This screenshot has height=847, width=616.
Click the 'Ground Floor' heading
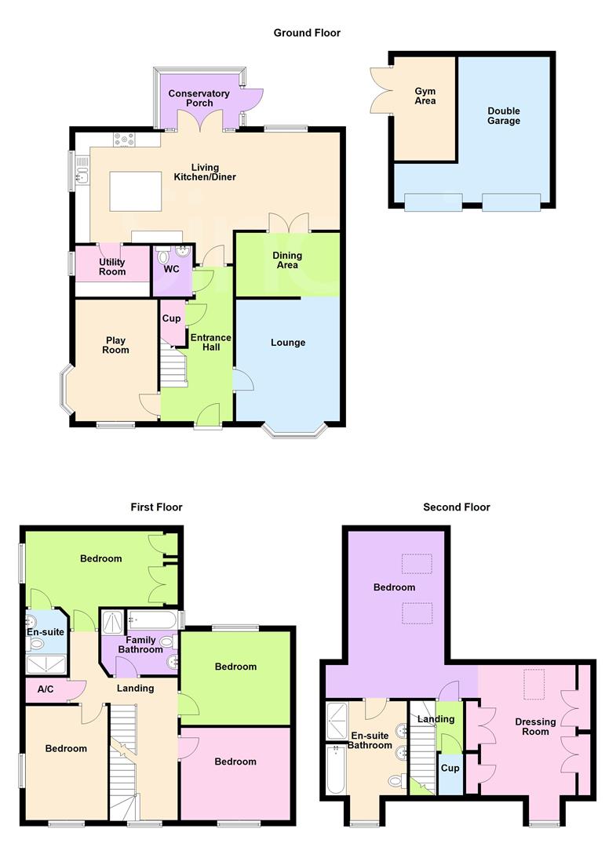click(307, 33)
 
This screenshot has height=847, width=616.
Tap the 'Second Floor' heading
click(456, 507)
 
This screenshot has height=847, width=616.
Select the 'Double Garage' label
click(503, 116)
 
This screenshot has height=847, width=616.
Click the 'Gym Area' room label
click(425, 96)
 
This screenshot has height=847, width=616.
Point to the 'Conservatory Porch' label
click(199, 98)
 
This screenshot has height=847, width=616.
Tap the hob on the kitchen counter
click(124, 140)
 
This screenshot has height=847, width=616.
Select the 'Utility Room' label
click(112, 267)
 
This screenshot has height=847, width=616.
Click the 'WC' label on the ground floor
click(171, 269)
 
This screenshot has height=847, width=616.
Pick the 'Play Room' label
click(116, 346)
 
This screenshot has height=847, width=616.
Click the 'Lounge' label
click(288, 343)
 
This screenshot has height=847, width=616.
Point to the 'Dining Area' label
click(287, 260)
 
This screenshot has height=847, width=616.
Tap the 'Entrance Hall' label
click(211, 343)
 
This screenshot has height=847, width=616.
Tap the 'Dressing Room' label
click(535, 727)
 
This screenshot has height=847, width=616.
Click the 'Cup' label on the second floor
click(450, 768)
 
